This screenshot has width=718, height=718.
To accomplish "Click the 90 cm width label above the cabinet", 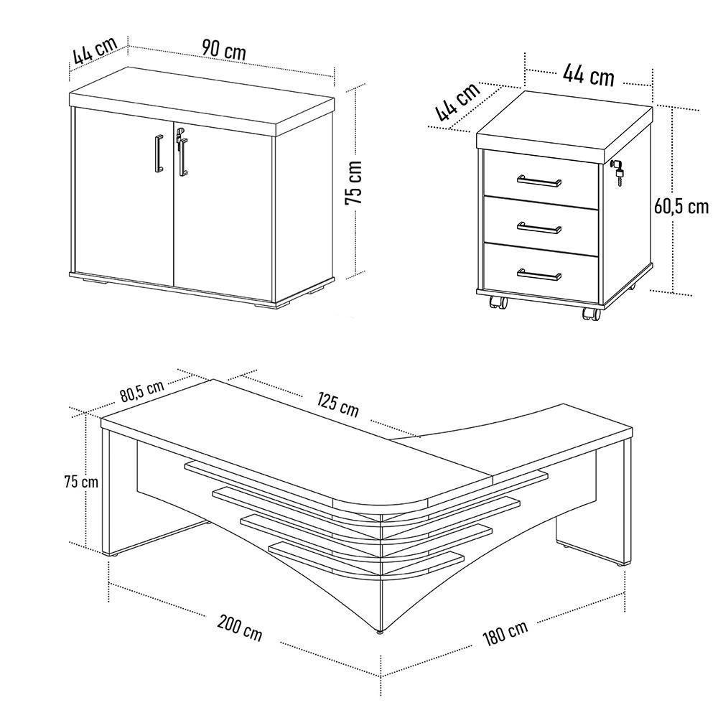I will [x=223, y=50].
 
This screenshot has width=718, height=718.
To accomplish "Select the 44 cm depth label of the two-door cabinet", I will [x=94, y=51].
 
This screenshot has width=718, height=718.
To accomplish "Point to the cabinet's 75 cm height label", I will [x=354, y=183].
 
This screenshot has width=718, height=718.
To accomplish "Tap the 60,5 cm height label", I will [x=681, y=207].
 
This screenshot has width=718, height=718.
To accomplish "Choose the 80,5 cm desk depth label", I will [x=142, y=391].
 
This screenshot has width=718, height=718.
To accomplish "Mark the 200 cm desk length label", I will [x=240, y=628].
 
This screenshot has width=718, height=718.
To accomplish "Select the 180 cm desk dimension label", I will [x=505, y=631].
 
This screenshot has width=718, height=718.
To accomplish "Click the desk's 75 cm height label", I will [x=80, y=481].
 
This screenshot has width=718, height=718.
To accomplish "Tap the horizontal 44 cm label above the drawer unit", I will [x=588, y=74].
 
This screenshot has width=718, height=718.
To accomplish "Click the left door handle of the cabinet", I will [x=156, y=153].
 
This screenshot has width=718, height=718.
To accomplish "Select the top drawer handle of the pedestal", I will [x=540, y=180].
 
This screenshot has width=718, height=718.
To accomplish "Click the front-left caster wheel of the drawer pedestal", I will [x=497, y=302].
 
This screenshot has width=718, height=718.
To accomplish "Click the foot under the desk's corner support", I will [x=379, y=633].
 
